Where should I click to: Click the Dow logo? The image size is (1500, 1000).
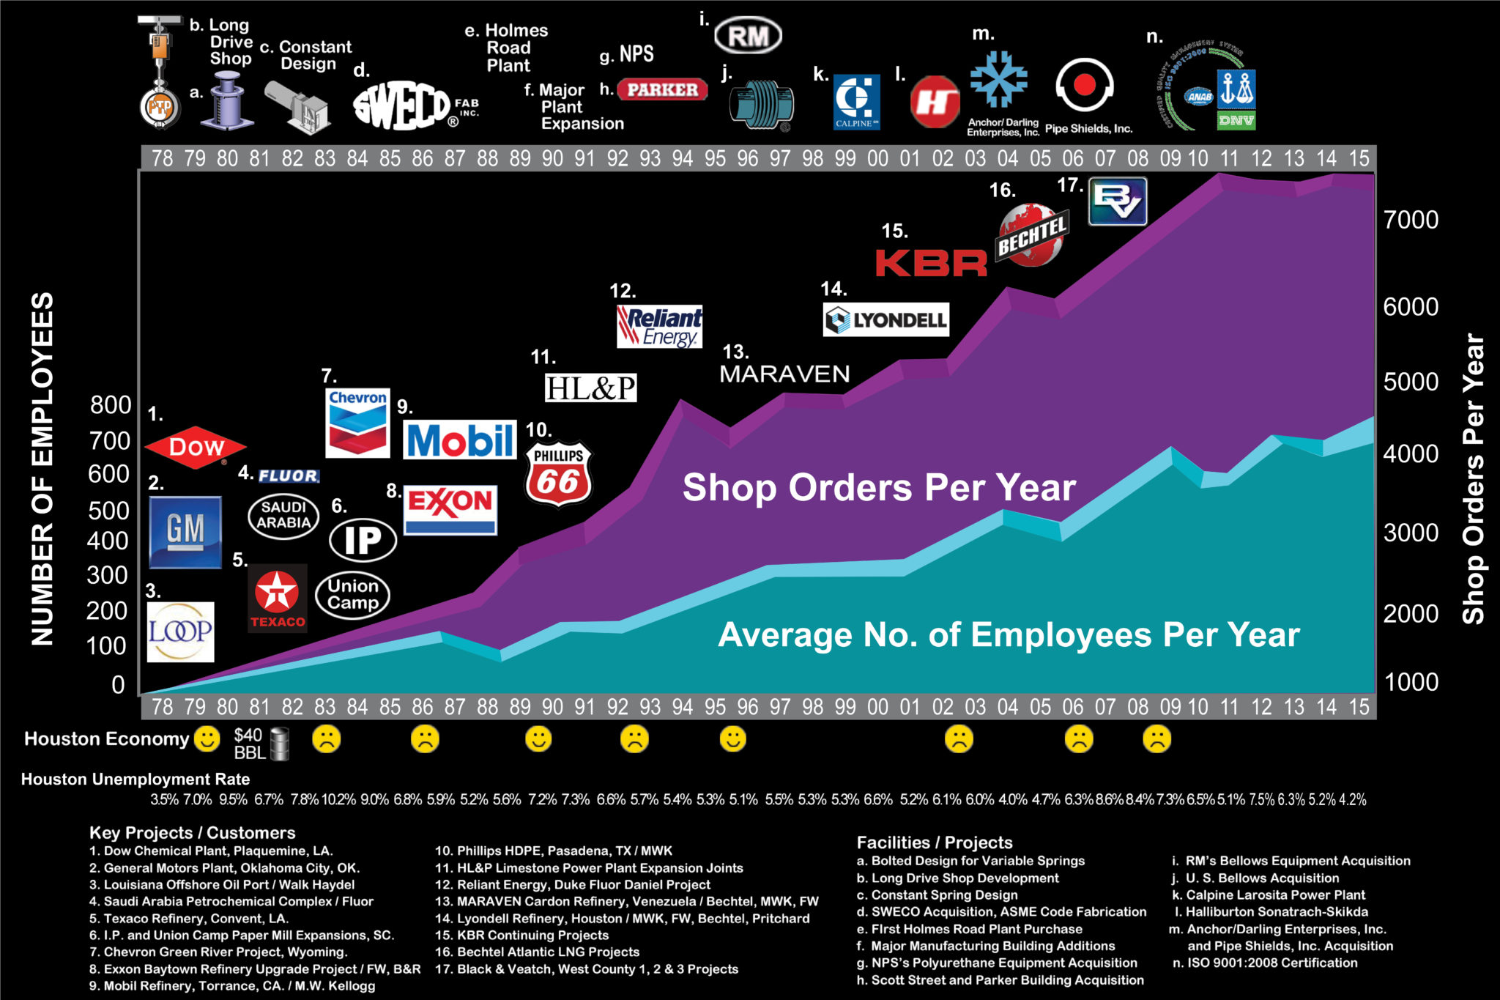tap(196, 446)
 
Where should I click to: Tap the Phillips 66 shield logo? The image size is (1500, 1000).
tap(558, 474)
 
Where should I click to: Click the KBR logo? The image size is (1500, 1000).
tap(931, 264)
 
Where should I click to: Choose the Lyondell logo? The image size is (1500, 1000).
tap(885, 320)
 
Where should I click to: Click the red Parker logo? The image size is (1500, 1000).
tap(662, 90)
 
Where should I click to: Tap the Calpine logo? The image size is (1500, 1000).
tap(856, 102)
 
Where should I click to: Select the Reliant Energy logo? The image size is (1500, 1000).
tap(659, 326)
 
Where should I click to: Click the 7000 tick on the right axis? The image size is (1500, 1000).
tap(1411, 219)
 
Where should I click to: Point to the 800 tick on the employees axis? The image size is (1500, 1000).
tap(110, 404)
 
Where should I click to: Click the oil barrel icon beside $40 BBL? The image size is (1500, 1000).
tap(279, 744)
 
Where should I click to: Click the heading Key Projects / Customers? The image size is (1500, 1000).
tap(192, 832)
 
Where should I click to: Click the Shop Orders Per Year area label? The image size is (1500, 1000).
tap(879, 487)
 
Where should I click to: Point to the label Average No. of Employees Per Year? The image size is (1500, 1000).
tap(1009, 634)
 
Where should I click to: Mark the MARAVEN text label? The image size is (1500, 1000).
tap(784, 374)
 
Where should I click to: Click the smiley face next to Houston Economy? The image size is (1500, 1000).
tap(207, 738)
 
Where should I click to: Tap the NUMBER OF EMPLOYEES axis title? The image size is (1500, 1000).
tap(42, 469)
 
